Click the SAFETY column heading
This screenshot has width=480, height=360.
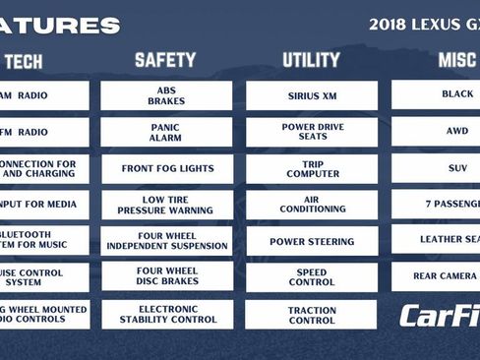[165, 60]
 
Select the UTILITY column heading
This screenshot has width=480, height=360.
[311, 60]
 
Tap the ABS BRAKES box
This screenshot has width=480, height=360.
[166, 95]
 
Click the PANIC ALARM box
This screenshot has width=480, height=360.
[166, 132]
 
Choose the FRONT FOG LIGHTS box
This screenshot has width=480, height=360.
[166, 168]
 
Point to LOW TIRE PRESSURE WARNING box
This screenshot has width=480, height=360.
[166, 205]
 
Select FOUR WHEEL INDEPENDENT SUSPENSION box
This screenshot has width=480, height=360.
[166, 241]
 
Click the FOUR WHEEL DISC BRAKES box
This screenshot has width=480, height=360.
[166, 276]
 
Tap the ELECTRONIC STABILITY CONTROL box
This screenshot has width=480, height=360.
[166, 314]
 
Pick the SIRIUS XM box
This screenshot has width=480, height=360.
[312, 95]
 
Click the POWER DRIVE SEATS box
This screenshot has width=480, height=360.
[312, 132]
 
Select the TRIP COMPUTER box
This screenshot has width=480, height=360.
[312, 168]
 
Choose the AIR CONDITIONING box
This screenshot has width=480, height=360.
[312, 205]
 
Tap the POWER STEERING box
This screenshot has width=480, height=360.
[312, 241]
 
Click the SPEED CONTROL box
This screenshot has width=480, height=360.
[312, 277]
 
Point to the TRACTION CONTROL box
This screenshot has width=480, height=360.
[312, 314]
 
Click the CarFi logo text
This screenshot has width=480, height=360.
[440, 316]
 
